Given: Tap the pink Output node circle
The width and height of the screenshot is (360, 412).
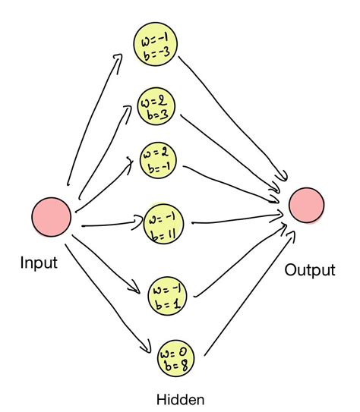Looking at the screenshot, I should click(x=306, y=204).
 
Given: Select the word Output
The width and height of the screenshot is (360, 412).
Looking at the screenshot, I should click(x=309, y=269).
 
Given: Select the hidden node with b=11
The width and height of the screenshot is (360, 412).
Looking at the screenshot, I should click(x=166, y=223).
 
